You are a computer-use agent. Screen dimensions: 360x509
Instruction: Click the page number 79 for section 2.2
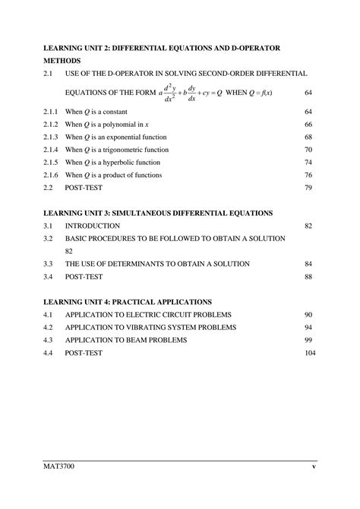(x=308, y=188)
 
